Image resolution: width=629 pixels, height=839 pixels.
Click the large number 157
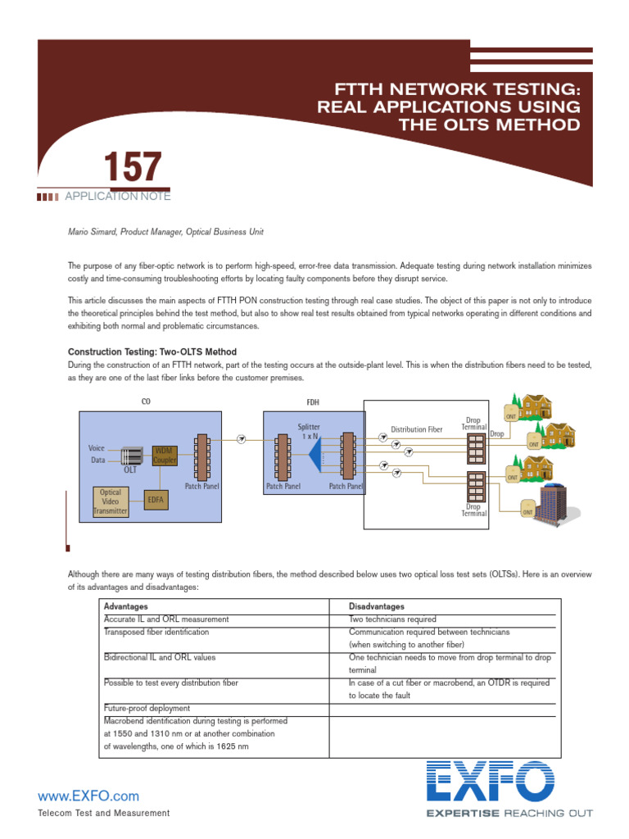click(x=132, y=167)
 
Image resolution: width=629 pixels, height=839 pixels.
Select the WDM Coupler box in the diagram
click(x=165, y=456)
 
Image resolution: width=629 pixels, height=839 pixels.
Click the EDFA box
click(x=155, y=498)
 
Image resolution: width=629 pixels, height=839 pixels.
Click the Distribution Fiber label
click(x=416, y=429)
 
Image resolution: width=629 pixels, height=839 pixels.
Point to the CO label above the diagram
click(x=146, y=401)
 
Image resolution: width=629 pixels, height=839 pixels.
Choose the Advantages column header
click(x=126, y=606)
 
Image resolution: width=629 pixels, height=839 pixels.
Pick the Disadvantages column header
click(x=377, y=606)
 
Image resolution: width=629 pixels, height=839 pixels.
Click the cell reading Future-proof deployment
click(x=147, y=708)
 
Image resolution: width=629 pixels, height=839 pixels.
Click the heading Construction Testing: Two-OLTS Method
click(x=152, y=351)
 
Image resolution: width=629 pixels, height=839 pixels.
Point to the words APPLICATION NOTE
click(x=117, y=197)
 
